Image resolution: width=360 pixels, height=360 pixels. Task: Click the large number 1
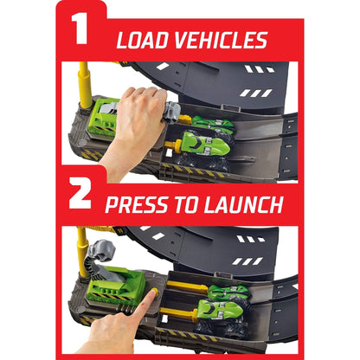(80, 29)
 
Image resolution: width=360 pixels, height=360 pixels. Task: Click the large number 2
(80, 193)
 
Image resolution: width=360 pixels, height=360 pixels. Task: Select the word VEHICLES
(221, 40)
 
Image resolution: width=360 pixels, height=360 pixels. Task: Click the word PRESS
(137, 205)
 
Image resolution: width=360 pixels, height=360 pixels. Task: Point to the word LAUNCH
(243, 205)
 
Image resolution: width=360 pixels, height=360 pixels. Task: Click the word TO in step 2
(186, 205)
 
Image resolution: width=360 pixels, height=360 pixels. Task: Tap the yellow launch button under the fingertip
(155, 292)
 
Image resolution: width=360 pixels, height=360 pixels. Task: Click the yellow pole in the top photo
(85, 85)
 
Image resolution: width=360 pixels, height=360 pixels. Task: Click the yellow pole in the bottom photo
(82, 252)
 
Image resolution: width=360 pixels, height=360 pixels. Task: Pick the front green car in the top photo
(205, 142)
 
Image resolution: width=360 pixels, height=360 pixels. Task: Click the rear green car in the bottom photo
(228, 292)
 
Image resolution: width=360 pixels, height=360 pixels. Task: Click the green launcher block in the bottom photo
(118, 285)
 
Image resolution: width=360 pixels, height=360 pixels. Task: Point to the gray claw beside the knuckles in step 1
(173, 112)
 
